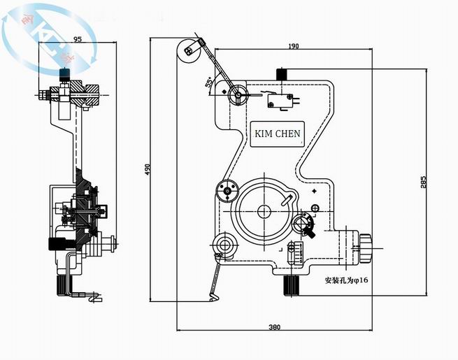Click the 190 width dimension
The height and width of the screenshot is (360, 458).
tap(293, 46)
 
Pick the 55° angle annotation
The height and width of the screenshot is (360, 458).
tap(209, 82)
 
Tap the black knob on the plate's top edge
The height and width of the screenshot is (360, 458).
tap(282, 74)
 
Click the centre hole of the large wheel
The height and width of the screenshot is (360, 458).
tap(264, 211)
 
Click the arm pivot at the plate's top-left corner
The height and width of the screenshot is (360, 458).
tap(238, 94)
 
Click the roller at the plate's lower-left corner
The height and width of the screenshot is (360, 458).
tap(225, 244)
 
